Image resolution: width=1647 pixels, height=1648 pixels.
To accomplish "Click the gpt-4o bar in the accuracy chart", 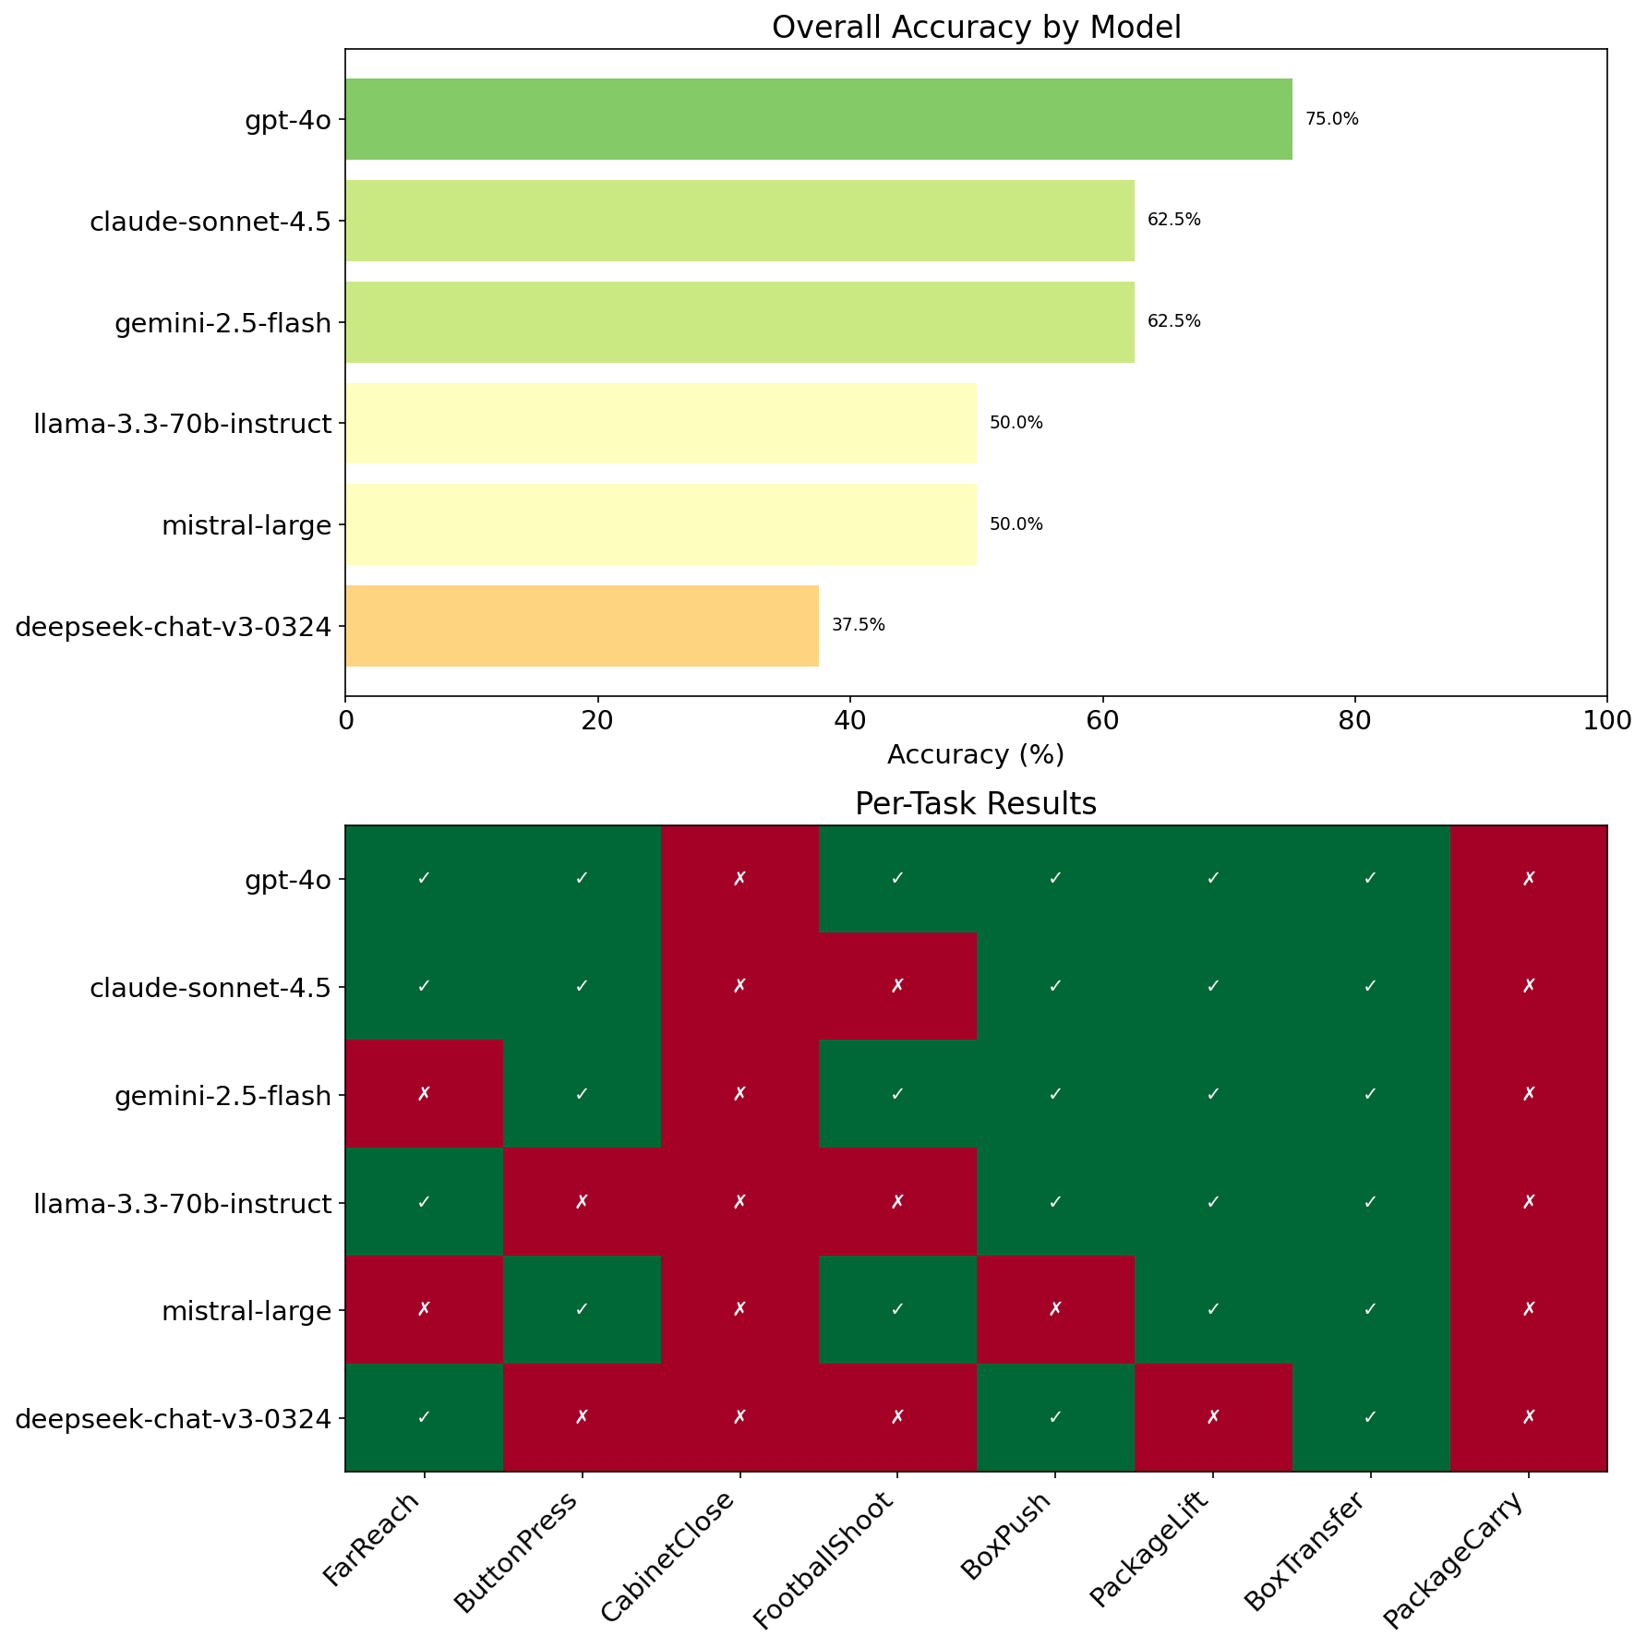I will click(818, 119).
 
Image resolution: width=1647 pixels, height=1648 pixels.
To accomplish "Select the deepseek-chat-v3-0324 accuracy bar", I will click(582, 626).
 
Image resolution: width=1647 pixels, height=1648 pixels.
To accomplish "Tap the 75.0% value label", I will click(1331, 119).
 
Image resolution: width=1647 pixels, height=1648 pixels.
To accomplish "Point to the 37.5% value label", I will click(858, 625).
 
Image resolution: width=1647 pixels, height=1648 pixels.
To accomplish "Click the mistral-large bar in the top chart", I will click(660, 524).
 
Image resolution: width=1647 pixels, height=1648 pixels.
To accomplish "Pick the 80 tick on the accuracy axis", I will click(1354, 719).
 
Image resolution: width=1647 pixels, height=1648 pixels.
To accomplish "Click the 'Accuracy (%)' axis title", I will click(976, 755).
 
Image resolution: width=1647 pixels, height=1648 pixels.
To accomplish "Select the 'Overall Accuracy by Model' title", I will click(976, 28).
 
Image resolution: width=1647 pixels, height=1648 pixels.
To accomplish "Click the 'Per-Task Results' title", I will click(976, 804).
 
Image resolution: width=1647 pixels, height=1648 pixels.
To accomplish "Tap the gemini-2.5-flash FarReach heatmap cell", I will click(424, 1094).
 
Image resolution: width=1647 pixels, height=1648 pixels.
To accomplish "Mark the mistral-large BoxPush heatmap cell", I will click(1055, 1309).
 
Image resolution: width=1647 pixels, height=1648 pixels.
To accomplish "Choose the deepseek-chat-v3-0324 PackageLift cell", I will click(1213, 1417).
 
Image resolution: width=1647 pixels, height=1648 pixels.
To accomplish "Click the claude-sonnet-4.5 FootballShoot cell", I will click(897, 986).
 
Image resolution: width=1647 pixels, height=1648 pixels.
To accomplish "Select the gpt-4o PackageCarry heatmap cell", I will click(1529, 879).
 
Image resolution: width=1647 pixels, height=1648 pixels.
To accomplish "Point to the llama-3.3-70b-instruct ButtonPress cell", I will click(582, 1202).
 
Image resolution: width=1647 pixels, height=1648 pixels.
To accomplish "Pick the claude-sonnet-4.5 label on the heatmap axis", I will click(210, 986).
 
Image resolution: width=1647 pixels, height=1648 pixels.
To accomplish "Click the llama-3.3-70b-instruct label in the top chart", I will click(182, 424).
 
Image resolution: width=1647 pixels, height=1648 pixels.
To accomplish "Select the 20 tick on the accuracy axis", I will click(597, 719).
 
